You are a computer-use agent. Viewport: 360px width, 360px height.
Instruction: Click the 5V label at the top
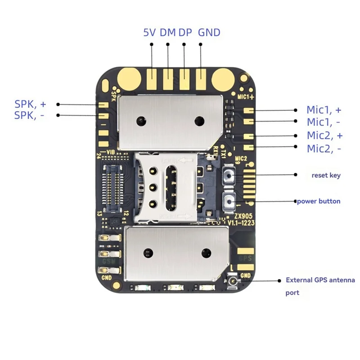[x=149, y=32]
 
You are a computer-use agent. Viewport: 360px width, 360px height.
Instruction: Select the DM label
[x=167, y=32]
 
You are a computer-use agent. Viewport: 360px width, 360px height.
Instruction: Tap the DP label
[x=184, y=32]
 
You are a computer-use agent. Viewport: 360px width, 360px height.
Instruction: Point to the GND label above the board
[x=209, y=32]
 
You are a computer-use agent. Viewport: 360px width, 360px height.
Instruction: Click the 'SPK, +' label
[x=30, y=104]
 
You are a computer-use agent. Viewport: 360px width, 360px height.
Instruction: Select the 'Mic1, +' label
[x=324, y=110]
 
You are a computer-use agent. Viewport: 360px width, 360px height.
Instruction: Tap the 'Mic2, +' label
[x=324, y=135]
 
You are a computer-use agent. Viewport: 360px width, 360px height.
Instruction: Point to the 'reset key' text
[x=326, y=175]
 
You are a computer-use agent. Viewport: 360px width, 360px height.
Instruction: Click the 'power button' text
[x=318, y=201]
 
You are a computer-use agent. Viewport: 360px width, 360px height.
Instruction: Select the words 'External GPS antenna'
[x=320, y=280]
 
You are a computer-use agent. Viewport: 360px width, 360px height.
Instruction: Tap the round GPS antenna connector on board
[x=233, y=282]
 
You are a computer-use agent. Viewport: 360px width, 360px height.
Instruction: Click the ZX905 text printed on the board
[x=235, y=216]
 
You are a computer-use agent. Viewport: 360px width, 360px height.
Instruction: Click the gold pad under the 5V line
[x=152, y=79]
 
